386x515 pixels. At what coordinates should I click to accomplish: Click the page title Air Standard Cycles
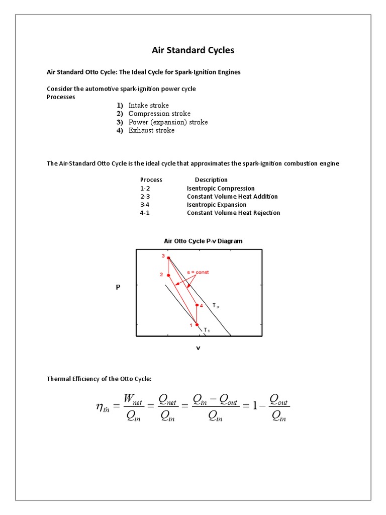pos(193,50)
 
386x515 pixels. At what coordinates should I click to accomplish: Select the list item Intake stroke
pos(148,105)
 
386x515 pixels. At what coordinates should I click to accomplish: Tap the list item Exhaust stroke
pos(151,130)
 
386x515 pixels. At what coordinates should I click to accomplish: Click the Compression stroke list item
pos(159,114)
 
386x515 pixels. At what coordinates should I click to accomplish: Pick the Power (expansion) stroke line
pos(168,122)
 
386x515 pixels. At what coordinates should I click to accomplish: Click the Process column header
pos(151,180)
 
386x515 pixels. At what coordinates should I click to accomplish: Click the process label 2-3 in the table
pos(145,197)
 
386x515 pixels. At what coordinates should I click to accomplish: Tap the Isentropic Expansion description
pos(217,205)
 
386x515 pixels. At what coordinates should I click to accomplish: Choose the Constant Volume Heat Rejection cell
pos(233,213)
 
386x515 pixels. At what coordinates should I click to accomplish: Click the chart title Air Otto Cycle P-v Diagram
pos(203,241)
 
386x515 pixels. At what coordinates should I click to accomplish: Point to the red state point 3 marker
pos(168,258)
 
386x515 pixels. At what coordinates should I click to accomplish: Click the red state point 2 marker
pos(168,275)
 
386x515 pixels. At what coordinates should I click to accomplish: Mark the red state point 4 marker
pos(197,305)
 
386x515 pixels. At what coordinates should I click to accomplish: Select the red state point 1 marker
pos(197,324)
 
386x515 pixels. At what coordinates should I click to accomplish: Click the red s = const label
pos(198,272)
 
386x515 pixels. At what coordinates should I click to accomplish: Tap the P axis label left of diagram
pos(118,287)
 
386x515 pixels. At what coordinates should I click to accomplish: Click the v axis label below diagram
pos(198,348)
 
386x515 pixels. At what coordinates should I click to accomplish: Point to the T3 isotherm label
pos(215,306)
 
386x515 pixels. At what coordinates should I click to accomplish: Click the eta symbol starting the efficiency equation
pos(102,407)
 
